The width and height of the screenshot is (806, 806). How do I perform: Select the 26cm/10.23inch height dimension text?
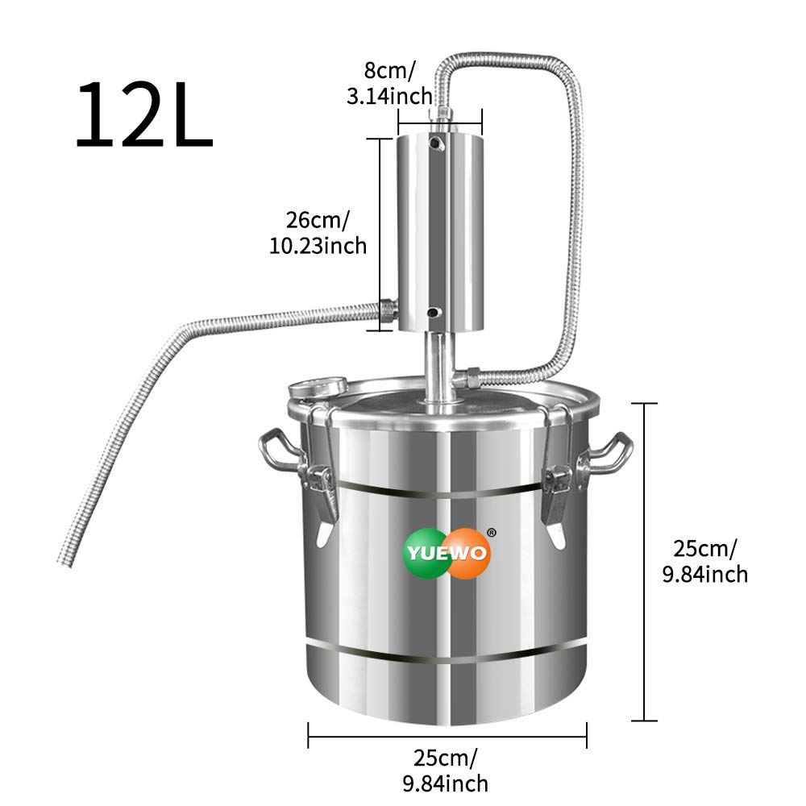coord(318,231)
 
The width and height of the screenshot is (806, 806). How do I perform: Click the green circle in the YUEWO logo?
coord(427,554)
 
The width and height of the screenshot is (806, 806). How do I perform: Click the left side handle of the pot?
coord(277,453)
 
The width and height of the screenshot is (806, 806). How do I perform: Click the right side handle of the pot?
coord(611,453)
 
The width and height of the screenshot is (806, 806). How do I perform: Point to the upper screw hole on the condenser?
coord(435,143)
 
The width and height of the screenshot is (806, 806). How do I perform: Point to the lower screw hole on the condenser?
coord(434,312)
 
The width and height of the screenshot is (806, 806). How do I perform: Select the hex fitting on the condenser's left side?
coord(388,308)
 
